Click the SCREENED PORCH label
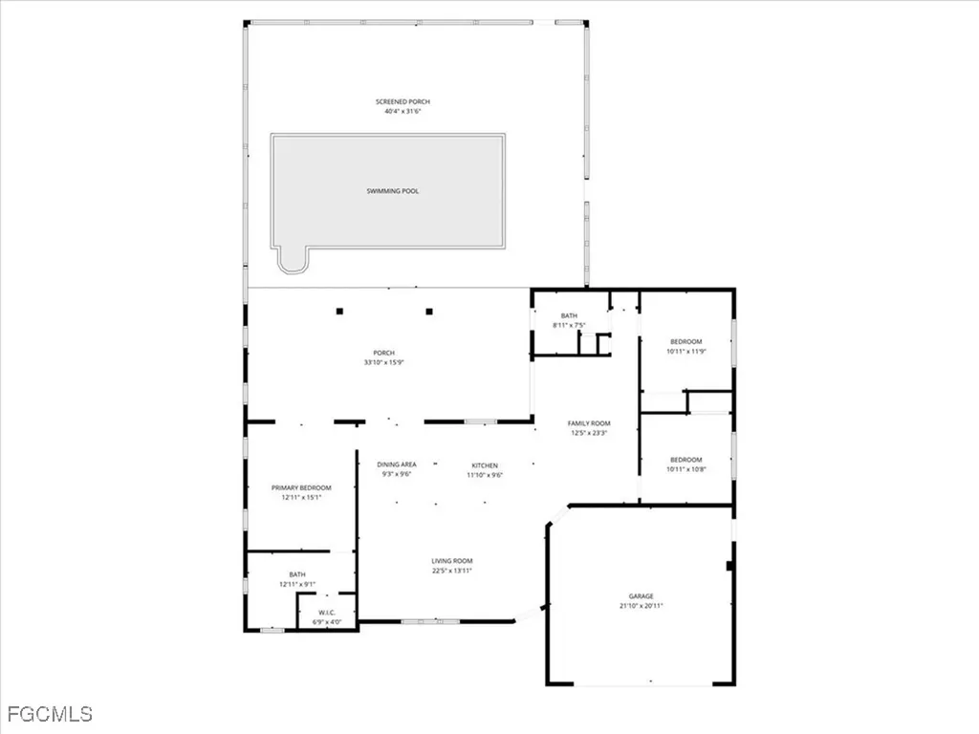(x=398, y=101)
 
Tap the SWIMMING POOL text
(x=393, y=191)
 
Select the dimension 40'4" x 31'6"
(x=398, y=112)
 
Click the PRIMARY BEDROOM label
(x=302, y=487)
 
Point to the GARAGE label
(x=641, y=595)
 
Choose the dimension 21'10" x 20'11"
(x=641, y=606)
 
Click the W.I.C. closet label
(x=327, y=612)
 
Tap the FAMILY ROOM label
(x=589, y=422)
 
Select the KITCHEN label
(x=484, y=464)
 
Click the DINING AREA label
(x=396, y=464)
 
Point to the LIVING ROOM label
(x=452, y=561)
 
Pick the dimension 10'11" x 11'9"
(x=685, y=352)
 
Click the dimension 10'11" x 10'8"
(x=685, y=469)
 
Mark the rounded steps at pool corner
(x=291, y=259)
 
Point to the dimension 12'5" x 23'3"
(x=589, y=433)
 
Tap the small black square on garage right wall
(x=729, y=566)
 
